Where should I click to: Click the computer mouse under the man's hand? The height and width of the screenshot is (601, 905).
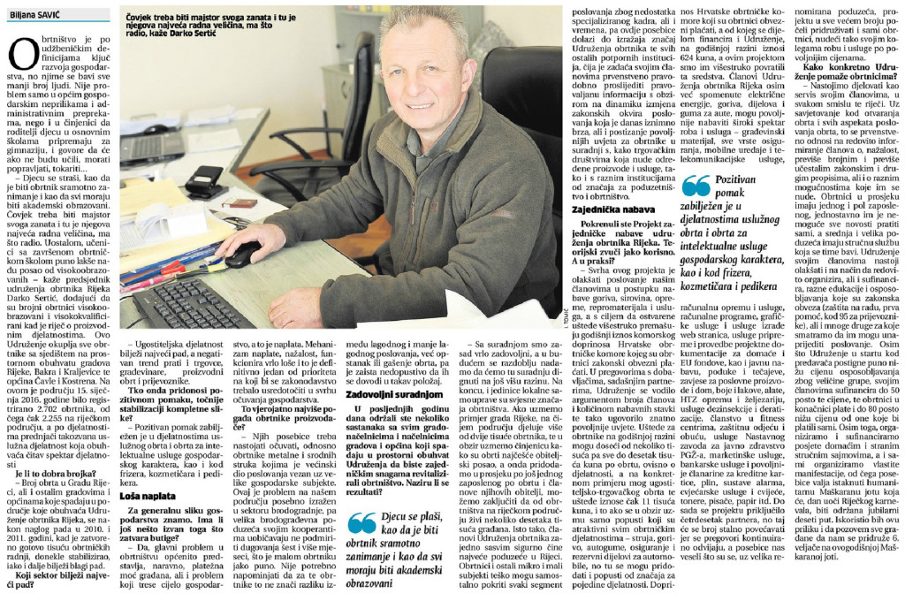pyautogui.click(x=242, y=255)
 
